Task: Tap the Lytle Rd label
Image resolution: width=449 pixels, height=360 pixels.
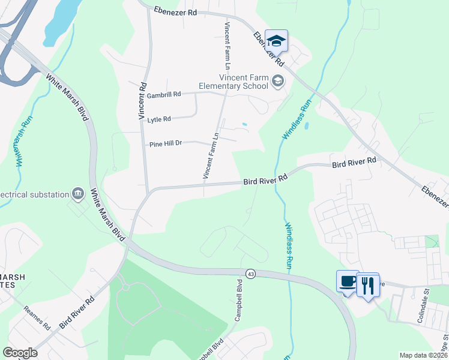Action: [159, 119]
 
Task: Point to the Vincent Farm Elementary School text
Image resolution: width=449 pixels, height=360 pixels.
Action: [244, 82]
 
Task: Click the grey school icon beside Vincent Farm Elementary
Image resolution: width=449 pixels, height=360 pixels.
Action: [277, 80]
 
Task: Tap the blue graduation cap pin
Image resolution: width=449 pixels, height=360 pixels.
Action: [276, 41]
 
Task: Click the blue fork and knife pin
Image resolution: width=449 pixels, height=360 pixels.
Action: [367, 284]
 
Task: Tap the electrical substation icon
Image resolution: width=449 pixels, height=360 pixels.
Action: [77, 193]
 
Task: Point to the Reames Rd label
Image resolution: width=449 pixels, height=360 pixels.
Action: [37, 319]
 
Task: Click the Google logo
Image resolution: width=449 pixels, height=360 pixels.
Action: [20, 353]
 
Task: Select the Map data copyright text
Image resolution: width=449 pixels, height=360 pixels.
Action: [423, 355]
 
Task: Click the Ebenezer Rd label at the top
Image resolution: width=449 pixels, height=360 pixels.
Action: [175, 11]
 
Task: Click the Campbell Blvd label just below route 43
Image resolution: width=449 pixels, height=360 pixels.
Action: [238, 300]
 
